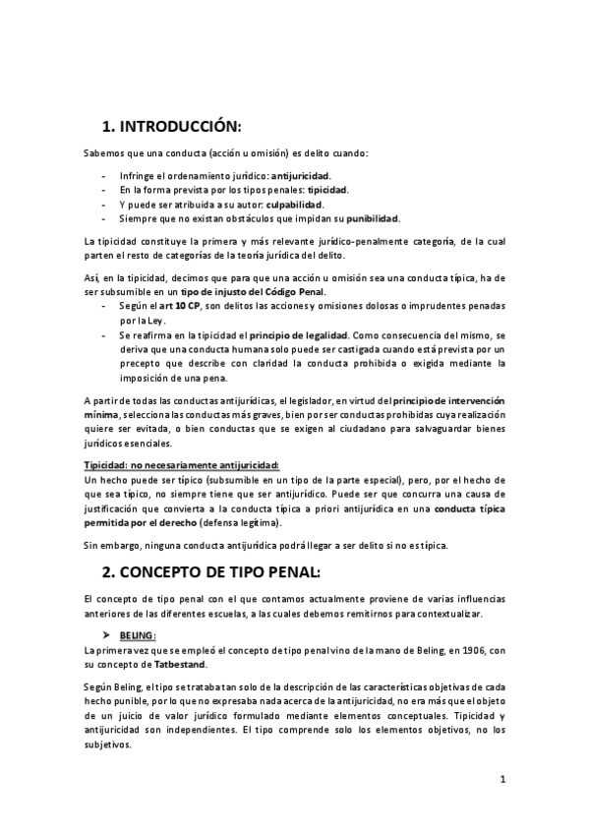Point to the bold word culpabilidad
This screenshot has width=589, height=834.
coord(294,204)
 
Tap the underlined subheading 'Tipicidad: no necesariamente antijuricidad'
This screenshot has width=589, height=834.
coord(182,464)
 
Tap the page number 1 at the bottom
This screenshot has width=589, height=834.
coord(501,780)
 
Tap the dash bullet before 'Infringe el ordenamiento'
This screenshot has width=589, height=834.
coord(105,174)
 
